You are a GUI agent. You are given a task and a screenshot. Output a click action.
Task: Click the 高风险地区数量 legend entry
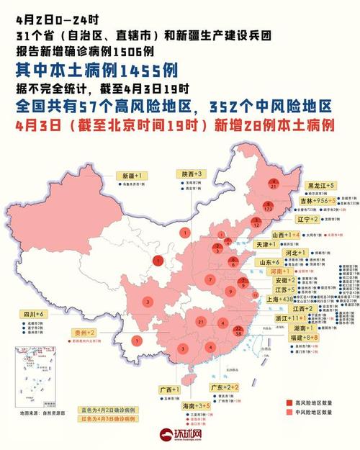[x=315, y=402]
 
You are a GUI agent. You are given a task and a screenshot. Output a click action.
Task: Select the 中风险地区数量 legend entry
[x=315, y=412]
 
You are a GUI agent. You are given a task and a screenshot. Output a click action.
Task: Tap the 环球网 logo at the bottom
[x=179, y=436]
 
